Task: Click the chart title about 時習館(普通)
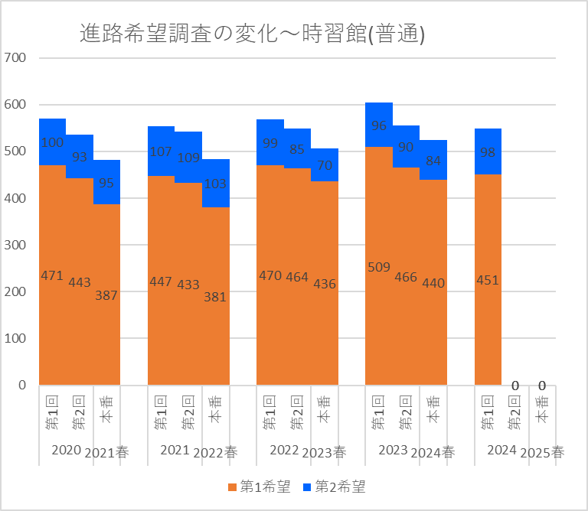pyautogui.click(x=253, y=34)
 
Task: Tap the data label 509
pyautogui.click(x=378, y=268)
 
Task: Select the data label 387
pyautogui.click(x=106, y=295)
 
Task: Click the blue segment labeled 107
pyautogui.click(x=161, y=151)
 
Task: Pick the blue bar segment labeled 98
pyautogui.click(x=488, y=151)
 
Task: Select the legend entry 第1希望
pyautogui.click(x=259, y=487)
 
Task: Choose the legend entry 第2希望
pyautogui.click(x=334, y=487)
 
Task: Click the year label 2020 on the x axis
pyautogui.click(x=66, y=450)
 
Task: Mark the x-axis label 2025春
pyautogui.click(x=542, y=451)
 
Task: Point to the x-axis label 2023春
pyautogui.click(x=325, y=451)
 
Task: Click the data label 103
pyautogui.click(x=215, y=184)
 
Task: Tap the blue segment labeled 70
pyautogui.click(x=324, y=164)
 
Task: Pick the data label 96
pyautogui.click(x=378, y=125)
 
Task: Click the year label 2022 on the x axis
pyautogui.click(x=283, y=450)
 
